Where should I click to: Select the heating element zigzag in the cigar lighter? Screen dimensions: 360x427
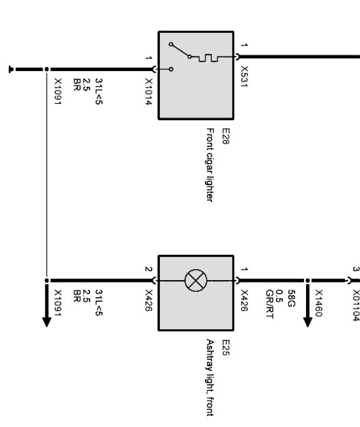pyautogui.click(x=208, y=58)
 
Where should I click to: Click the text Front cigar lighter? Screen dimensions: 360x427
pyautogui.click(x=210, y=164)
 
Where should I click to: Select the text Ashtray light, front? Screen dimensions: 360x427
pyautogui.click(x=210, y=377)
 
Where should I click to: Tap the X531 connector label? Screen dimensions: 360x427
pyautogui.click(x=244, y=76)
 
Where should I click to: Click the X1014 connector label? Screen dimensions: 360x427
pyautogui.click(x=149, y=92)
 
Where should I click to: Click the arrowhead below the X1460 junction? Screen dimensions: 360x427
pyautogui.click(x=308, y=320)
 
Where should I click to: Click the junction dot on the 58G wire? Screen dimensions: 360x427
pyautogui.click(x=308, y=280)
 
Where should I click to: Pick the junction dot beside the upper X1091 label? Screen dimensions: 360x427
pyautogui.click(x=47, y=70)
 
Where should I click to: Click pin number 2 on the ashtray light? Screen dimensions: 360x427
pyautogui.click(x=147, y=269)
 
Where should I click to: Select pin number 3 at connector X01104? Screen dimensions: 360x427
pyautogui.click(x=355, y=269)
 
